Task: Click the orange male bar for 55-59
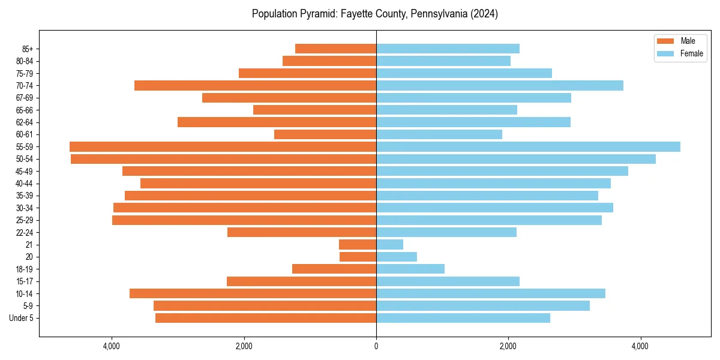pyautogui.click(x=223, y=146)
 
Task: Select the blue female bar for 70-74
pyautogui.click(x=500, y=85)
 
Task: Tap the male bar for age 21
pyautogui.click(x=358, y=244)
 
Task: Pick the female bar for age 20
pyautogui.click(x=397, y=257)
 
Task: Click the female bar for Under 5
pyautogui.click(x=463, y=318)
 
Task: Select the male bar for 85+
pyautogui.click(x=335, y=49)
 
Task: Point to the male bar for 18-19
pyautogui.click(x=334, y=269)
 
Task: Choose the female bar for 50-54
pyautogui.click(x=516, y=159)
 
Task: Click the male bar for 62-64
pyautogui.click(x=277, y=122)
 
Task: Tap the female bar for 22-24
pyautogui.click(x=446, y=232)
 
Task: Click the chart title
pyautogui.click(x=375, y=14)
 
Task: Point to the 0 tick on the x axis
pyautogui.click(x=376, y=346)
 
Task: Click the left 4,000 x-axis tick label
pyautogui.click(x=112, y=346)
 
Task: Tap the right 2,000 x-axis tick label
pyautogui.click(x=508, y=346)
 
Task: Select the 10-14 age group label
pyautogui.click(x=25, y=293)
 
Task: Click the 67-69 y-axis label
pyautogui.click(x=25, y=98)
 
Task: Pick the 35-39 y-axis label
pyautogui.click(x=25, y=196)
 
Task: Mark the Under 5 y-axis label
pyautogui.click(x=22, y=318)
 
